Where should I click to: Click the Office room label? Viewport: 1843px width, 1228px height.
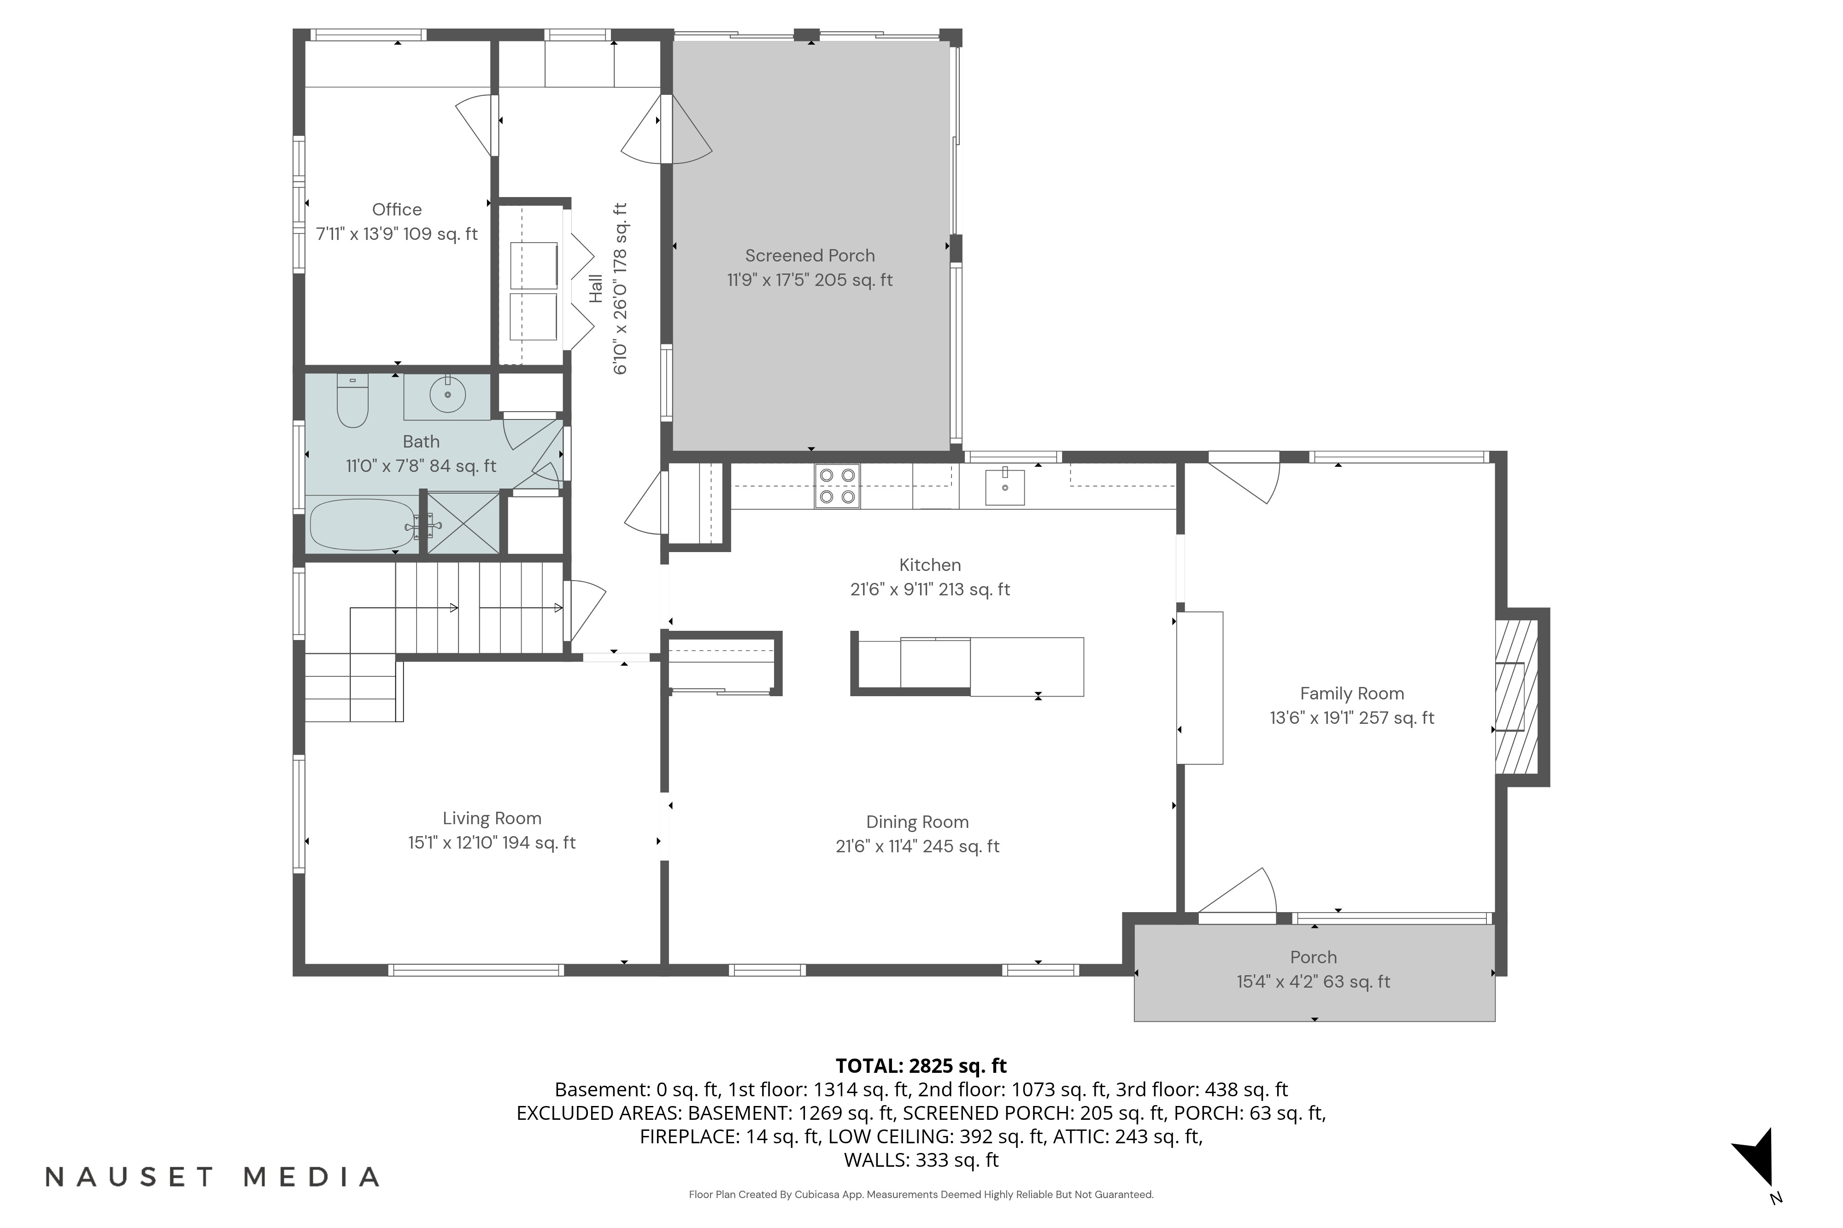(397, 210)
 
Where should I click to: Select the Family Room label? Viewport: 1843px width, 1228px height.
(1352, 694)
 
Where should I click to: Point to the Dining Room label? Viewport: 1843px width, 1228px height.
(917, 822)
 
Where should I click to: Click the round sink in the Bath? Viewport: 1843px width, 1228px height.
(447, 396)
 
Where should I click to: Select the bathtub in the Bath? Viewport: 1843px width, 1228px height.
(363, 525)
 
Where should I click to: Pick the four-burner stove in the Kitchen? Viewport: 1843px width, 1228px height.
(837, 486)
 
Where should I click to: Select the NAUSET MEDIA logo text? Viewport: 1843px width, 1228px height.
(212, 1176)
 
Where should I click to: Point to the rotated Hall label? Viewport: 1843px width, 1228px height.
(596, 288)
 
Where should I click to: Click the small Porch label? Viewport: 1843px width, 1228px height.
(1313, 957)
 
